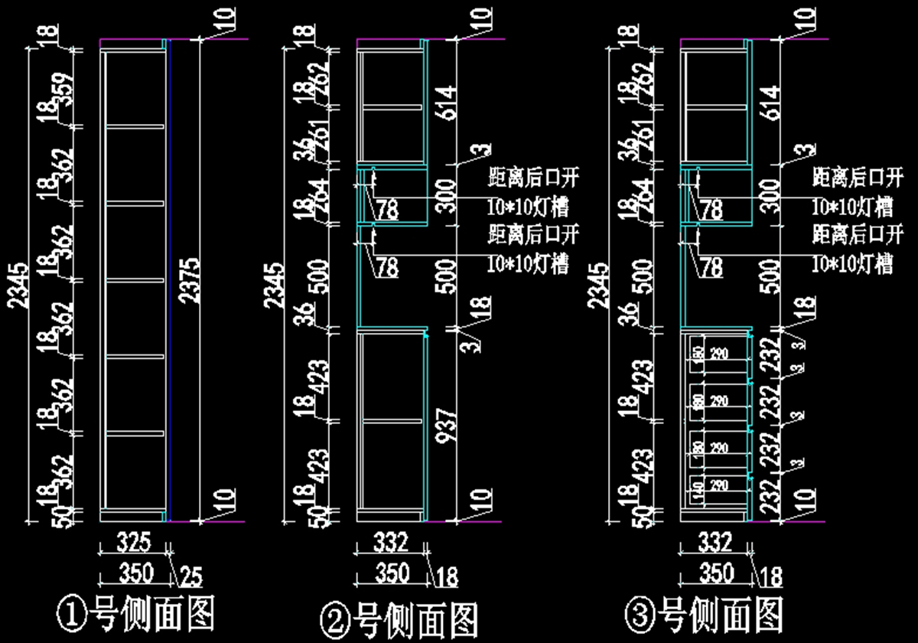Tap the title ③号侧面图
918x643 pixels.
[x=704, y=615]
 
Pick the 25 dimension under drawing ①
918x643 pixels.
[x=190, y=573]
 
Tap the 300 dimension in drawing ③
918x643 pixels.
[x=771, y=195]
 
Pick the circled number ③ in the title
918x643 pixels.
[x=640, y=615]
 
